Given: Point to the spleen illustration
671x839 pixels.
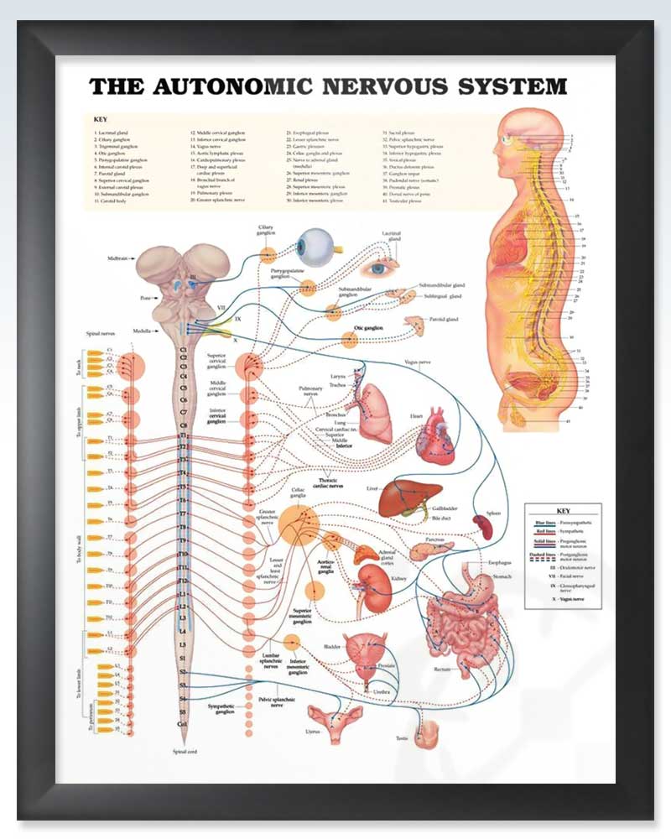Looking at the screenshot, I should [x=483, y=526].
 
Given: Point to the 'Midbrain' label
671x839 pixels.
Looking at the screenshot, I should [x=117, y=258].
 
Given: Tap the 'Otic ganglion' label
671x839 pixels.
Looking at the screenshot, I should [x=368, y=328].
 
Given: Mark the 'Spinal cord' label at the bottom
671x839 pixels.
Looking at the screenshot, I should [x=184, y=751].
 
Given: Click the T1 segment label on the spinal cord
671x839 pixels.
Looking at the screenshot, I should [x=183, y=436].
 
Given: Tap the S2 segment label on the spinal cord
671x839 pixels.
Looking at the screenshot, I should [x=183, y=672].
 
